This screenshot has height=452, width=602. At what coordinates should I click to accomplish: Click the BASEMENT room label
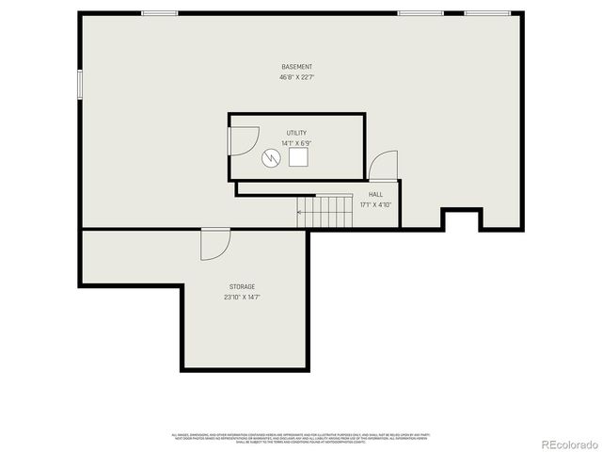(296, 67)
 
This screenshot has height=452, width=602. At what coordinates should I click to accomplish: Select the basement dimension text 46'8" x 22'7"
(296, 77)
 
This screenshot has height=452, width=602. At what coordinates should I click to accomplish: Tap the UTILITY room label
(296, 133)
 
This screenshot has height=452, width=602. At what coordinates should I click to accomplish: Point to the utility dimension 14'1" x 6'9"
(296, 143)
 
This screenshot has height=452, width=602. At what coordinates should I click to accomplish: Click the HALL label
(375, 194)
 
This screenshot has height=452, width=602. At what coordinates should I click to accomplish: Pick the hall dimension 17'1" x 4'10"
(375, 204)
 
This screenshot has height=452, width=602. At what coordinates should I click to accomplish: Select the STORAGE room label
(242, 286)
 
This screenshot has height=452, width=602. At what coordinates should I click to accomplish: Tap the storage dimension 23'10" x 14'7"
(242, 297)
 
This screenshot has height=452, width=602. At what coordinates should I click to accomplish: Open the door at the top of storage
(214, 244)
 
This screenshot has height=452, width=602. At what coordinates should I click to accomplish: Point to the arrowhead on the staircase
(300, 212)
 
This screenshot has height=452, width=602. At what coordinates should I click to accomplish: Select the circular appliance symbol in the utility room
(272, 157)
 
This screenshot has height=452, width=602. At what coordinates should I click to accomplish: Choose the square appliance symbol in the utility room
(299, 157)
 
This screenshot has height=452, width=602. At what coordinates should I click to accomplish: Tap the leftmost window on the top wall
(160, 13)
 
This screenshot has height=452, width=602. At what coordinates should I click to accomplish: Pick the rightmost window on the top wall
(487, 13)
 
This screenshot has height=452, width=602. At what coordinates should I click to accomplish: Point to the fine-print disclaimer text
(301, 438)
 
